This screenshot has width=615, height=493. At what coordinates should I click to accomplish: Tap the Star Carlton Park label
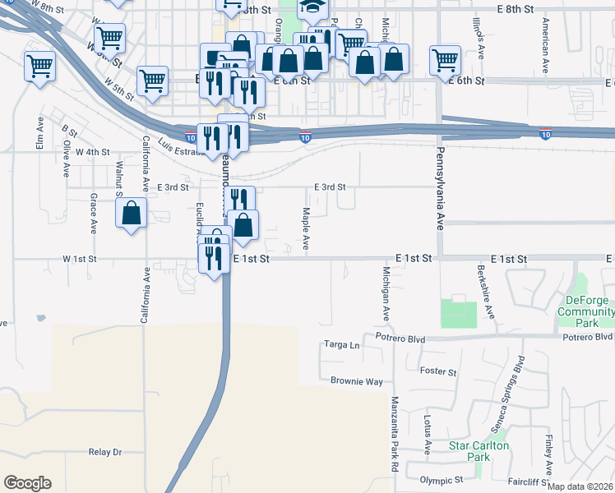[479, 450]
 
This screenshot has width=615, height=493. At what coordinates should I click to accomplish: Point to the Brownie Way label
[357, 381]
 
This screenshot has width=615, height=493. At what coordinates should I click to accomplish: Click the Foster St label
[437, 372]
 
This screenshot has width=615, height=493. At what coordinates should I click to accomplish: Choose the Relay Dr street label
[104, 452]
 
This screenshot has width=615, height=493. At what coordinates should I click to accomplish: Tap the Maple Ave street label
[306, 229]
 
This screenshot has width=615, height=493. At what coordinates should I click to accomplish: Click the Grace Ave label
[94, 212]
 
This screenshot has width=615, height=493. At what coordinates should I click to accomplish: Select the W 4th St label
[92, 152]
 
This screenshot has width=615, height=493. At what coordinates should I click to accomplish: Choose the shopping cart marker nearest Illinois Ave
[445, 58]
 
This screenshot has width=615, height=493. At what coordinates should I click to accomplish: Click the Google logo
[27, 483]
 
